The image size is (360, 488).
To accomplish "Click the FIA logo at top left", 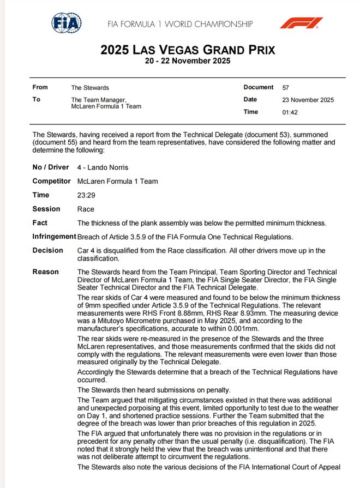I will click(x=67, y=23).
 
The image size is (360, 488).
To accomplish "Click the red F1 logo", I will click(x=301, y=23).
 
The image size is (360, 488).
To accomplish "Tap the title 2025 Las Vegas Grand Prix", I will click(x=188, y=50).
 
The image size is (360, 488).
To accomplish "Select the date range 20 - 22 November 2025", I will click(x=188, y=61).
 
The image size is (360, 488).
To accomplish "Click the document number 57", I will click(x=286, y=88).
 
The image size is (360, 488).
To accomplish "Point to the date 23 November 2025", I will click(x=308, y=100).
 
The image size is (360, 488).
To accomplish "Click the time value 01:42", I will click(x=290, y=112).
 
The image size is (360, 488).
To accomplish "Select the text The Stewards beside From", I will click(x=90, y=88).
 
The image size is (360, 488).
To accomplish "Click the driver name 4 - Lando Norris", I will click(x=103, y=167).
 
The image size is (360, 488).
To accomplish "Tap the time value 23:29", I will click(x=86, y=195).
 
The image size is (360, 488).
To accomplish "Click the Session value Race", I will click(x=86, y=209).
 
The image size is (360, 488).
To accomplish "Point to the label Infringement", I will click(x=54, y=237).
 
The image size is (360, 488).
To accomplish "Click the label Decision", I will click(x=47, y=251).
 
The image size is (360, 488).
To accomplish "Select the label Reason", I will click(x=45, y=272).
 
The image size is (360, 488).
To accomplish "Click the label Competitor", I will click(x=51, y=182).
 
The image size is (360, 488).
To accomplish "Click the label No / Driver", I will click(x=51, y=167).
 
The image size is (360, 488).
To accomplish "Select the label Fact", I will click(x=40, y=223).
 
